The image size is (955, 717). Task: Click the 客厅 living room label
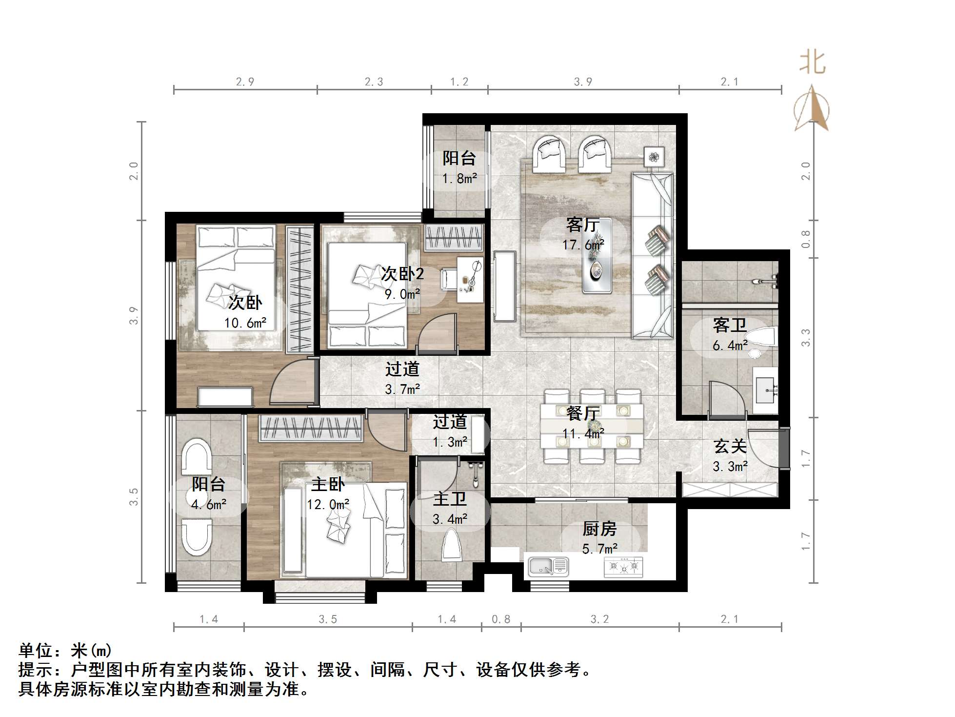[583, 225]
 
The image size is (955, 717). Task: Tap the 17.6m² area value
[583, 245]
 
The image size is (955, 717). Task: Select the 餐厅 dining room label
[583, 413]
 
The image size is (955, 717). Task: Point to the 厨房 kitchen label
[599, 529]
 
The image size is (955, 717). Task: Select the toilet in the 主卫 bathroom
[452, 546]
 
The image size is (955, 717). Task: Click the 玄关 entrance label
[730, 446]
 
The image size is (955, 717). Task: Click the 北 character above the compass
[812, 63]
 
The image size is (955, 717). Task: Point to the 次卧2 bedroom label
[402, 274]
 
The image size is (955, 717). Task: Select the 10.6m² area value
[245, 323]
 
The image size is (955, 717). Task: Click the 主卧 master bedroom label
[328, 484]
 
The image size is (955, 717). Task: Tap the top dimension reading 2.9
[245, 82]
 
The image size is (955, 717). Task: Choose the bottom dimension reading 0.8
[501, 619]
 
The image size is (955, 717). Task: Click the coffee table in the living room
[597, 256]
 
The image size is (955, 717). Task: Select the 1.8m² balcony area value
[459, 179]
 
